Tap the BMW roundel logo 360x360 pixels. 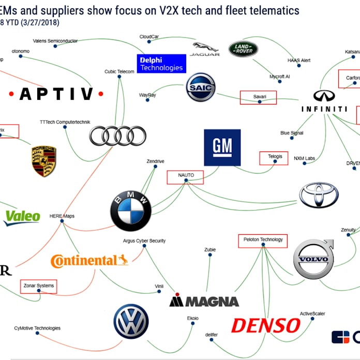point(131,211)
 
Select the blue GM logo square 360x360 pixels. point(222,147)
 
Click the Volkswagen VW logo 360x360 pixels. point(131,321)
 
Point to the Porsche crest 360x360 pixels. point(43,161)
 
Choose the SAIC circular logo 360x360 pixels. point(201,87)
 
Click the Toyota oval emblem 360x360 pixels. point(319,195)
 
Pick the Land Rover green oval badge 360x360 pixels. point(243,49)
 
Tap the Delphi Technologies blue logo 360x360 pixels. point(161,64)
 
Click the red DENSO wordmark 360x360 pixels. point(265,325)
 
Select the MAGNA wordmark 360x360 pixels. point(204,301)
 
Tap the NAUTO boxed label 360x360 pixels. point(186,176)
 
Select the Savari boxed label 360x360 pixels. point(259,97)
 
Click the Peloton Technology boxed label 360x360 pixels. point(263,241)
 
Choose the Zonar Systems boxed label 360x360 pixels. point(39,286)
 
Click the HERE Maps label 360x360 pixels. point(62,216)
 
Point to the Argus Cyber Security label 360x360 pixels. point(144,241)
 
